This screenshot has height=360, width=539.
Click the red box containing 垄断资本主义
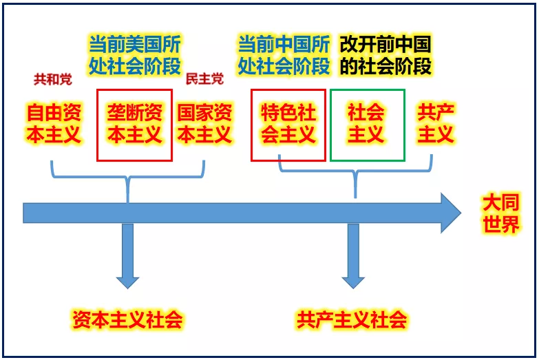[x=134, y=125]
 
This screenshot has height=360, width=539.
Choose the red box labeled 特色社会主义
[x=288, y=125]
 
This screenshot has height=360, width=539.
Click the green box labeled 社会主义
[x=367, y=125]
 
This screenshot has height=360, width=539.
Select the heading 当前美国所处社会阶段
[x=134, y=55]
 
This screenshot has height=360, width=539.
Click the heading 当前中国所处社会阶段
[x=284, y=55]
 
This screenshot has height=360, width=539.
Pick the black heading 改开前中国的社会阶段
[x=385, y=55]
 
